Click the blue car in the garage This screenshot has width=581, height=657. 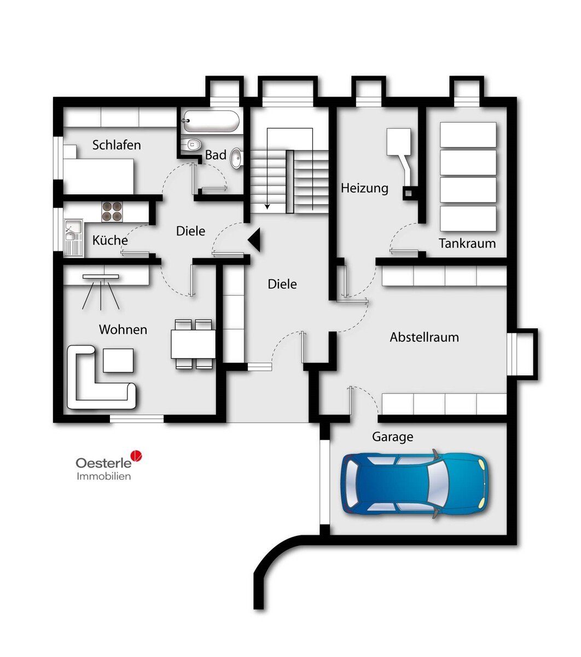click(x=414, y=484)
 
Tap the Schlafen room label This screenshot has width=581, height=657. click(x=117, y=145)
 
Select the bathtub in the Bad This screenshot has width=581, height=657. click(x=211, y=121)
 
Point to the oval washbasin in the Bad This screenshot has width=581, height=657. click(x=236, y=158)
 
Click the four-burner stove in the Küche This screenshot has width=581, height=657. click(x=112, y=212)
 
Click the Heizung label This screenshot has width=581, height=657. click(x=364, y=188)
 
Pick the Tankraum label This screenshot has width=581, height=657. click(x=467, y=243)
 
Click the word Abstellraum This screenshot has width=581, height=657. click(x=424, y=337)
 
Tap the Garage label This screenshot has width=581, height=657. click(x=392, y=437)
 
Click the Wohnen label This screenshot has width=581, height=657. click(x=123, y=330)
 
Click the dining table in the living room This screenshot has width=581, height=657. click(x=193, y=344)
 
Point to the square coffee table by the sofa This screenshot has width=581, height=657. click(x=118, y=360)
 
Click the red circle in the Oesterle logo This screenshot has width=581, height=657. click(x=136, y=456)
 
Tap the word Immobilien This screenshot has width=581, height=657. click(x=104, y=476)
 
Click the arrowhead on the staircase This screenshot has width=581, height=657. click(x=268, y=206)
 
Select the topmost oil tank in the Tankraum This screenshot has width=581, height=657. click(x=468, y=135)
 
